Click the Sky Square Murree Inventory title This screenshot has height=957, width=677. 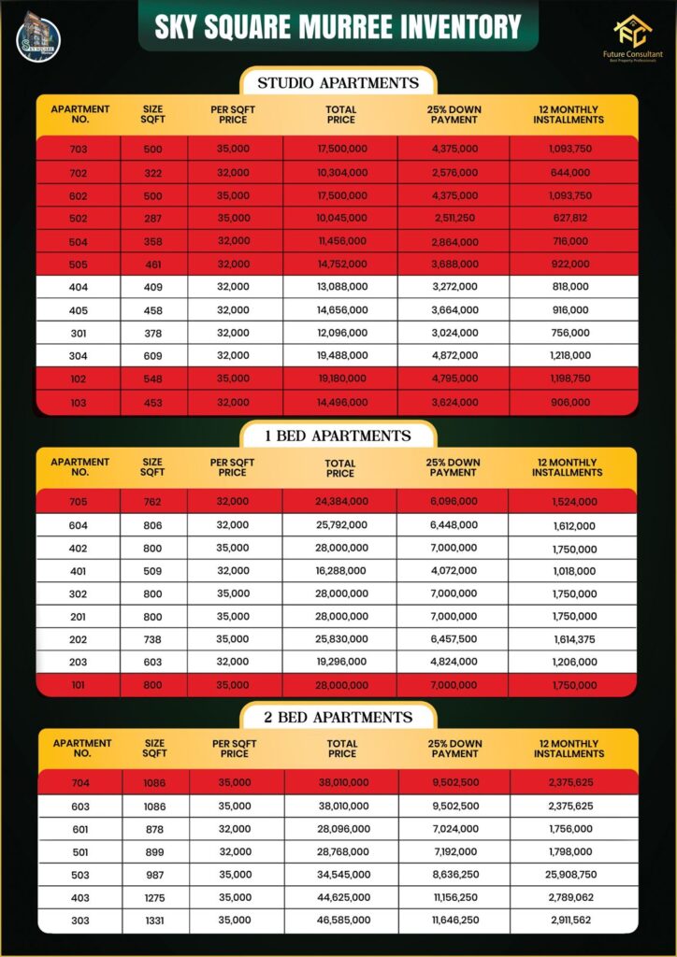pos(338,27)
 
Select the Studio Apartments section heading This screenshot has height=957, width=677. pos(338,83)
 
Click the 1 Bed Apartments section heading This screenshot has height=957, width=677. pos(338,436)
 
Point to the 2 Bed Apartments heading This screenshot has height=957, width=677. pos(338,717)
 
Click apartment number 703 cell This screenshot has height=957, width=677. pos(79,149)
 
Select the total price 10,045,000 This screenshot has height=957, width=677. pos(341,219)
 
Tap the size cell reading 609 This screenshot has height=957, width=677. pos(153,355)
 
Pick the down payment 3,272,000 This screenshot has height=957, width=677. pos(455,287)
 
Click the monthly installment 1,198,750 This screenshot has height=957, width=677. pos(569,379)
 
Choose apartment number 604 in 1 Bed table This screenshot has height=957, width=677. pos(79,525)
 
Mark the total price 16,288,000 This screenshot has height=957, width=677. pos(341,571)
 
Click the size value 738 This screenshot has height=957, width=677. pos(153,639)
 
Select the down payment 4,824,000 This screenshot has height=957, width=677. pos(455,662)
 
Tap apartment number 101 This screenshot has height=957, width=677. pos(79,685)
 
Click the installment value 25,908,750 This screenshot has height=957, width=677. pos(569,874)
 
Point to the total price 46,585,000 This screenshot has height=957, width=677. pos(343,920)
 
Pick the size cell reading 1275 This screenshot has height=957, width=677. pos(155,897)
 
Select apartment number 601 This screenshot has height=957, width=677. pos(80,828)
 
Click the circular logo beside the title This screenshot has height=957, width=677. pos(38,39)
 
